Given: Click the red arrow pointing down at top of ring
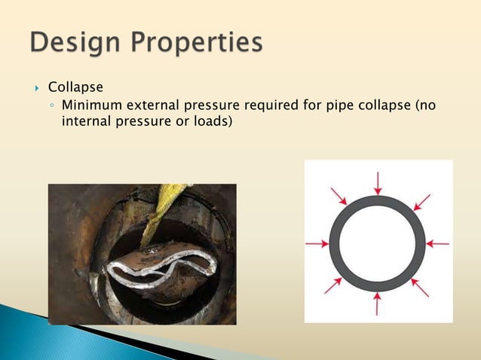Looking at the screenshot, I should (378, 183).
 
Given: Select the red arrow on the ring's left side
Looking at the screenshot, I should (317, 243).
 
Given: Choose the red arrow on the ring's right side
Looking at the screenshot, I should (437, 243).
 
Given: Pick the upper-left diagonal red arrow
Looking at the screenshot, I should (339, 197).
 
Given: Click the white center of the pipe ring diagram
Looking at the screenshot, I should (377, 243).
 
